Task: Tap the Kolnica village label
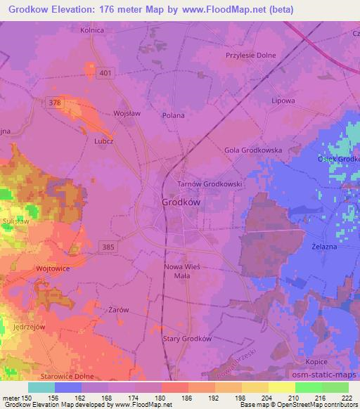[x=92, y=30]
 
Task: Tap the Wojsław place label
[x=128, y=112]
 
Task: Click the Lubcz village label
[x=104, y=140]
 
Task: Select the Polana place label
[x=173, y=115]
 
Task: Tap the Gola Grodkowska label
[x=252, y=150]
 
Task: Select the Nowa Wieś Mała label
[x=183, y=271]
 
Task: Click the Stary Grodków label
[x=188, y=338]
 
